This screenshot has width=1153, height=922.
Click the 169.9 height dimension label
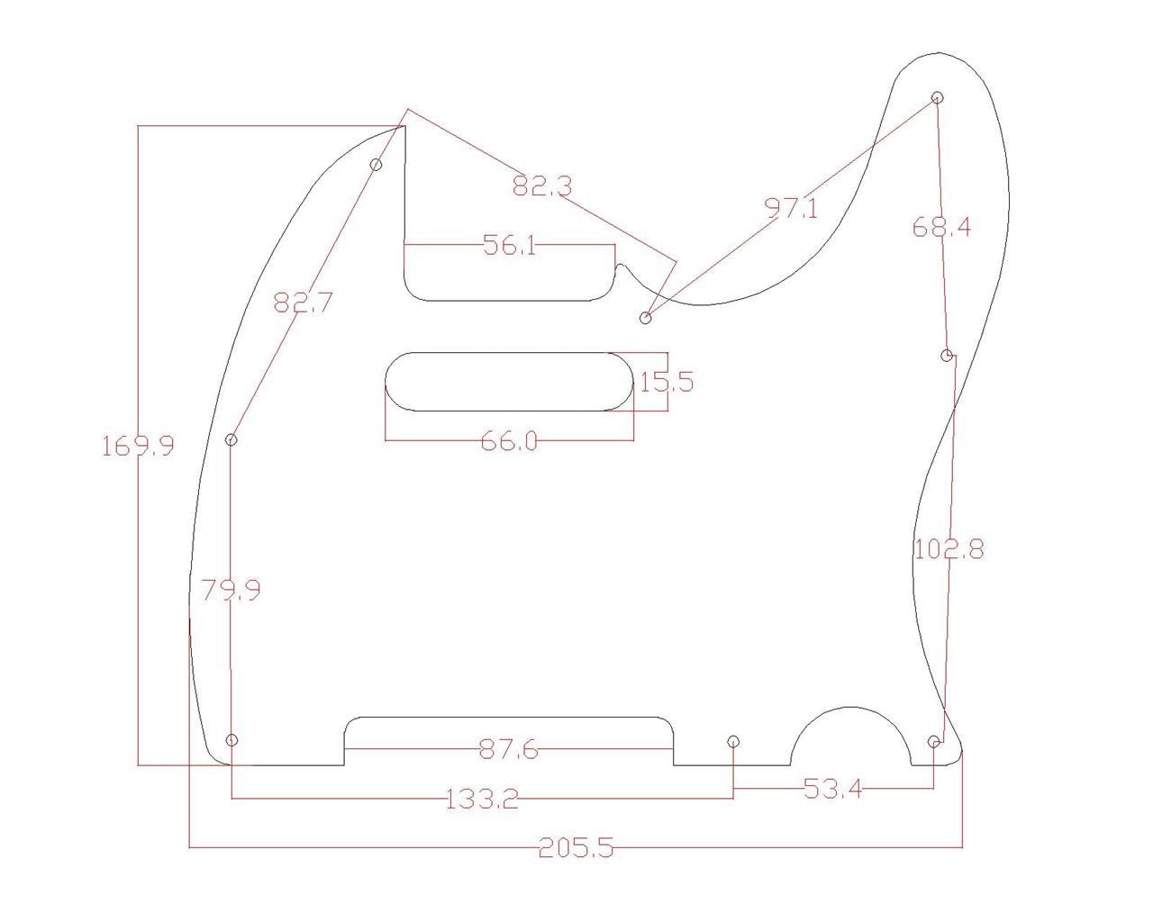point(138,446)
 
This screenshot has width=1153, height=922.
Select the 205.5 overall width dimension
point(576,847)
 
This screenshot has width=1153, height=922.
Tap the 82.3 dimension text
point(542,186)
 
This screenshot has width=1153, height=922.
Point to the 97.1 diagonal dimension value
point(792,209)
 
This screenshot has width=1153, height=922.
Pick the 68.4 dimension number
point(941,227)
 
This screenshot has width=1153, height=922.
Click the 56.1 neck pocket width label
point(510,245)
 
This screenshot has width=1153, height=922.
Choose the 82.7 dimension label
point(303,303)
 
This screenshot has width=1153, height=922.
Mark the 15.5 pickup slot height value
point(667,382)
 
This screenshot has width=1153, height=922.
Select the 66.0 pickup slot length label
point(510,441)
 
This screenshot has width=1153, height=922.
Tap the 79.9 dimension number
point(231,591)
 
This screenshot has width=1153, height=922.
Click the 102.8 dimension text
point(949,548)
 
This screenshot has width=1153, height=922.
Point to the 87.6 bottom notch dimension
point(509,749)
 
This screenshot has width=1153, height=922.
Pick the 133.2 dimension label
point(482,799)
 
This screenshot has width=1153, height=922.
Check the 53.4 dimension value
point(832,790)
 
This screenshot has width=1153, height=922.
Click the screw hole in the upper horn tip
point(937,97)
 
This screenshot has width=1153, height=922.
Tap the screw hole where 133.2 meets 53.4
point(733,741)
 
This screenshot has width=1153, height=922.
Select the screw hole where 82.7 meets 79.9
point(232,439)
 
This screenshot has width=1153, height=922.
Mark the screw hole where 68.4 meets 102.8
point(947,356)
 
